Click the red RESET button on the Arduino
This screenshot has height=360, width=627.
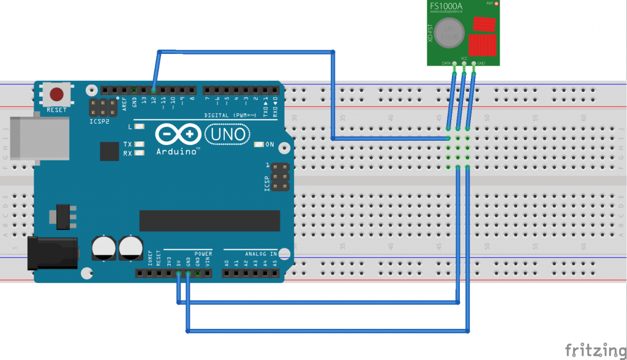click(x=57, y=95)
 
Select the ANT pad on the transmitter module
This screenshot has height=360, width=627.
click(x=489, y=4)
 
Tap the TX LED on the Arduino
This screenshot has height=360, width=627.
click(x=140, y=144)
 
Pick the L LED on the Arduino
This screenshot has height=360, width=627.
click(x=140, y=127)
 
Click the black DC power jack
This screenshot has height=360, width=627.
click(x=51, y=253)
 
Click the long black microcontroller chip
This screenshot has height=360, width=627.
click(x=209, y=221)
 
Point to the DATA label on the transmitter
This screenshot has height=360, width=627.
click(x=448, y=63)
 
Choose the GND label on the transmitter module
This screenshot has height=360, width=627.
click(x=480, y=63)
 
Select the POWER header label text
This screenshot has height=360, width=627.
click(x=203, y=253)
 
